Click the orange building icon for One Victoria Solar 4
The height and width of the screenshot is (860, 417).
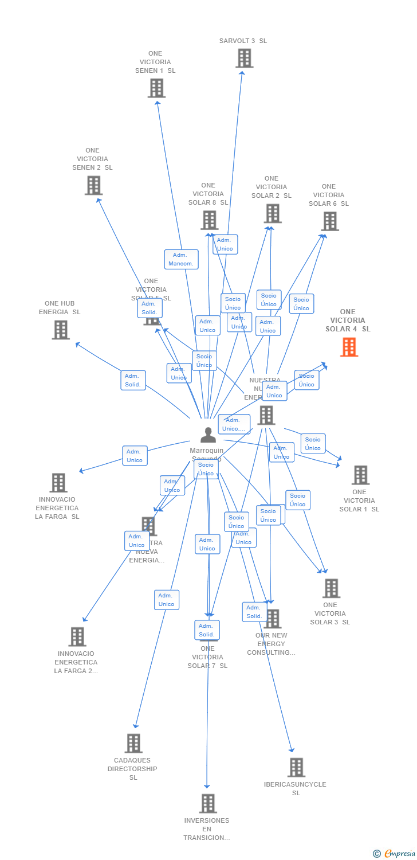349,347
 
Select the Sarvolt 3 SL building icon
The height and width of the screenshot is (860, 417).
244,58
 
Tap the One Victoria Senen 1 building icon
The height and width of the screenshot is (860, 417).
156,88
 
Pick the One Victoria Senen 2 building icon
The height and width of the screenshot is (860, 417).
93,185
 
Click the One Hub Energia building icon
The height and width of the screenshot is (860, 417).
61,330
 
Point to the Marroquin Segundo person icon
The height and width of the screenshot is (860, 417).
208,435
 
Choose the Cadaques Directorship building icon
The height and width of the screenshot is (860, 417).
133,743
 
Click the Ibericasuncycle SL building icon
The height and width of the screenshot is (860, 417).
296,767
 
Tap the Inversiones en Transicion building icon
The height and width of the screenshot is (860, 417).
208,803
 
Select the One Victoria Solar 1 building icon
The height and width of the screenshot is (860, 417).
360,475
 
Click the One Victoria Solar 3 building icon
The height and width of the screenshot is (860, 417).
331,588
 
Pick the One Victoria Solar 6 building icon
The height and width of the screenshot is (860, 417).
329,221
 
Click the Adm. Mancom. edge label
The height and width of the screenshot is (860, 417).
181,259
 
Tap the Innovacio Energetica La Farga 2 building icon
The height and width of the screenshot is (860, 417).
77,636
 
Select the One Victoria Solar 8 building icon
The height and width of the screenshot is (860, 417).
209,220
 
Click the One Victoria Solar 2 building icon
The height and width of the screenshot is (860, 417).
272,213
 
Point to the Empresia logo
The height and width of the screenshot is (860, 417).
395,854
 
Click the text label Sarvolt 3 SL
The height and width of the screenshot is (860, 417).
243,41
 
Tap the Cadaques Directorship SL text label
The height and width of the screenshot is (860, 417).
132,769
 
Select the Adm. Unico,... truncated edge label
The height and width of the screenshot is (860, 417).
234,424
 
